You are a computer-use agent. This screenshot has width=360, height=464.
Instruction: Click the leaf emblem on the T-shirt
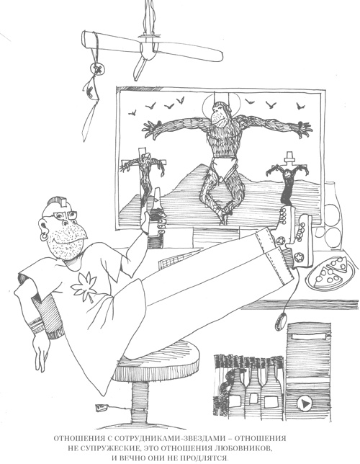pos(85,286)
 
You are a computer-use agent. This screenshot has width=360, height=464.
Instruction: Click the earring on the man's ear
pos(45,236)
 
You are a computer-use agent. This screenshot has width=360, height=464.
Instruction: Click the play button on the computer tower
pos(305,403)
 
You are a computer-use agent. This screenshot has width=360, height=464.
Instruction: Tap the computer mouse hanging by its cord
pos(281,321)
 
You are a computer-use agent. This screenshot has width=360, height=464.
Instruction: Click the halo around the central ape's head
pos(220,102)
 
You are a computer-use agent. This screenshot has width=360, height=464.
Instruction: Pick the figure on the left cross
pos(144,174)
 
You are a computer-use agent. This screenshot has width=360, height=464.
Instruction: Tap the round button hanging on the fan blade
pos(99,70)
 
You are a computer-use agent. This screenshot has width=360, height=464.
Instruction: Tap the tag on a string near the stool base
pos(101,408)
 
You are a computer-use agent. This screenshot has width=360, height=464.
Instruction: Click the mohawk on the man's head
pos(59,201)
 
